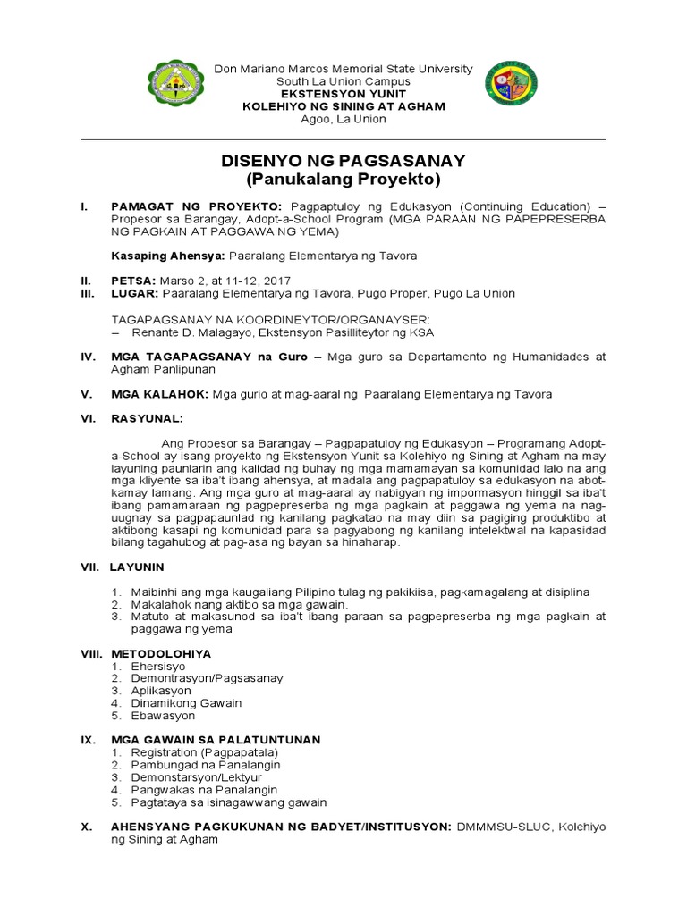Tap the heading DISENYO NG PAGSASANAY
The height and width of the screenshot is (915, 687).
(343, 161)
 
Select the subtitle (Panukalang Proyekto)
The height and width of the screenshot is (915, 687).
(343, 180)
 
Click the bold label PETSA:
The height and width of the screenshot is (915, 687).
(132, 281)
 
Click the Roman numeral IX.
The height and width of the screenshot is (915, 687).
(88, 740)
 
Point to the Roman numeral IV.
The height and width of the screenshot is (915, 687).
(88, 357)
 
